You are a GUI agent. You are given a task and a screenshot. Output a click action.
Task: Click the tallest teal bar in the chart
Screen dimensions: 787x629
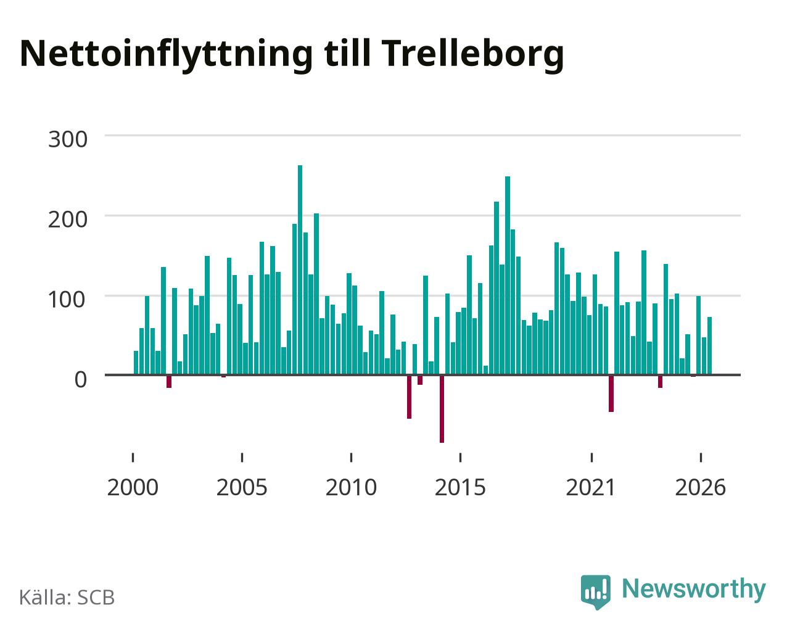pos(300,270)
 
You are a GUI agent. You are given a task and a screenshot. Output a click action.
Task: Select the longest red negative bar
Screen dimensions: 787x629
pos(442,409)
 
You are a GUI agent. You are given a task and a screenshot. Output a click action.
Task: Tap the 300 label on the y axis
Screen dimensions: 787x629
pos(68,139)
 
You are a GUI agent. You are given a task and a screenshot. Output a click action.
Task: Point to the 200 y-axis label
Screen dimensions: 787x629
pos(68,220)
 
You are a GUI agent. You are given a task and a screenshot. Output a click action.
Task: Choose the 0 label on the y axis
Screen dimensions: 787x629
pos(81,379)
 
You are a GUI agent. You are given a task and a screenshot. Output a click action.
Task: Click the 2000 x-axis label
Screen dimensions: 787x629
pos(133,487)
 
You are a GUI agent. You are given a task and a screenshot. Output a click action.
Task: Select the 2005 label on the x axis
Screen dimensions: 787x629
pos(242,487)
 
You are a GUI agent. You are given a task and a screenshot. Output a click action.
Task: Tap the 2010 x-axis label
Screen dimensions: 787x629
pos(351,487)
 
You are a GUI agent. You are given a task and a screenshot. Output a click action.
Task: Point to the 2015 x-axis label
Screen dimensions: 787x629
pos(460,487)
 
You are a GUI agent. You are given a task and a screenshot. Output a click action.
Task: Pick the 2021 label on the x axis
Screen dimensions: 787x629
pos(591,487)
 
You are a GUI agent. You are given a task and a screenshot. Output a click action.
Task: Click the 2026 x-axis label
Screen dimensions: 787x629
pos(700,487)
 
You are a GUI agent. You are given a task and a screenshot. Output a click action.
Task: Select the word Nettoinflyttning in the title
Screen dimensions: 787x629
pos(166,55)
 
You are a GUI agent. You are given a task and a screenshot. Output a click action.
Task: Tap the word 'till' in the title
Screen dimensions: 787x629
pos(347,52)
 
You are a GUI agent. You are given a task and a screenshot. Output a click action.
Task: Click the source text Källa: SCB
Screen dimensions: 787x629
pos(67,598)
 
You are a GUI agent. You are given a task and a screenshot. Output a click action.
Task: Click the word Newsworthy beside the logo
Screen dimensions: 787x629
pos(694,590)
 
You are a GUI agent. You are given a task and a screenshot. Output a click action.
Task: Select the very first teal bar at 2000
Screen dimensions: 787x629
pos(136,363)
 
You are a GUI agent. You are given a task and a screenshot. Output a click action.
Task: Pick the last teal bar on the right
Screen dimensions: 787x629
pos(709,346)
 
